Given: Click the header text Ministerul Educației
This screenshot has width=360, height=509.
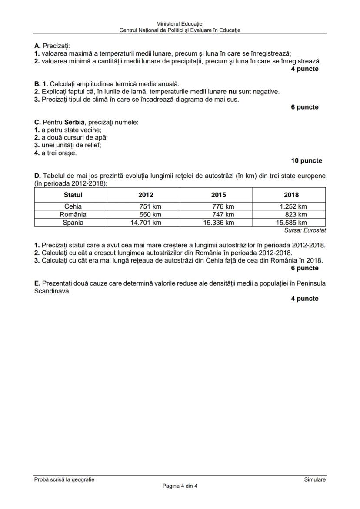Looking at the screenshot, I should pyautogui.click(x=180, y=24).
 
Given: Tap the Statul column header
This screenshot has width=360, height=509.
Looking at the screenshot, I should pyautogui.click(x=73, y=195).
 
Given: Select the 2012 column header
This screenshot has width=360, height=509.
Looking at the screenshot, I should pyautogui.click(x=145, y=195).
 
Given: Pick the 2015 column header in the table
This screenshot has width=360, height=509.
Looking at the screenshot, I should pyautogui.click(x=218, y=195).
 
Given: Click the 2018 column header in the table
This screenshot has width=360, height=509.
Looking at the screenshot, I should pyautogui.click(x=291, y=195).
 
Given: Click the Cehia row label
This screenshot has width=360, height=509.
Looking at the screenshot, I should pyautogui.click(x=73, y=206).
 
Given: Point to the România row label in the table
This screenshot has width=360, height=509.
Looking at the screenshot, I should pyautogui.click(x=73, y=214).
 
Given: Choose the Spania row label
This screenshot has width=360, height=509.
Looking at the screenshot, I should pyautogui.click(x=73, y=223).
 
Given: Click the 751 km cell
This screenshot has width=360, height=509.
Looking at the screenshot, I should pyautogui.click(x=150, y=206).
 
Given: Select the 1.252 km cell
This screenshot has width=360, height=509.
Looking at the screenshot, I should pyautogui.click(x=293, y=206).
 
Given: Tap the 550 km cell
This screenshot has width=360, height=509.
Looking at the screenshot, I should pyautogui.click(x=150, y=214).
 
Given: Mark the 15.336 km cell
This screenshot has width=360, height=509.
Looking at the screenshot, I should pyautogui.click(x=218, y=223).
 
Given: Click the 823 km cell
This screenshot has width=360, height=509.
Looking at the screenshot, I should pyautogui.click(x=296, y=214).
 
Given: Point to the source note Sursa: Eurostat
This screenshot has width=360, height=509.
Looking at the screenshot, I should pyautogui.click(x=305, y=230).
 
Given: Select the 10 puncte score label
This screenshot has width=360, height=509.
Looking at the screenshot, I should pyautogui.click(x=307, y=160).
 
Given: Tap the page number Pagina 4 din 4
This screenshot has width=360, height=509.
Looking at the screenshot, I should pyautogui.click(x=180, y=486).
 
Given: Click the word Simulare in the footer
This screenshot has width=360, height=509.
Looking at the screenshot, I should pyautogui.click(x=315, y=479).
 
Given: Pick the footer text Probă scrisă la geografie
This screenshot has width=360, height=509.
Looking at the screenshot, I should pyautogui.click(x=64, y=479).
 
